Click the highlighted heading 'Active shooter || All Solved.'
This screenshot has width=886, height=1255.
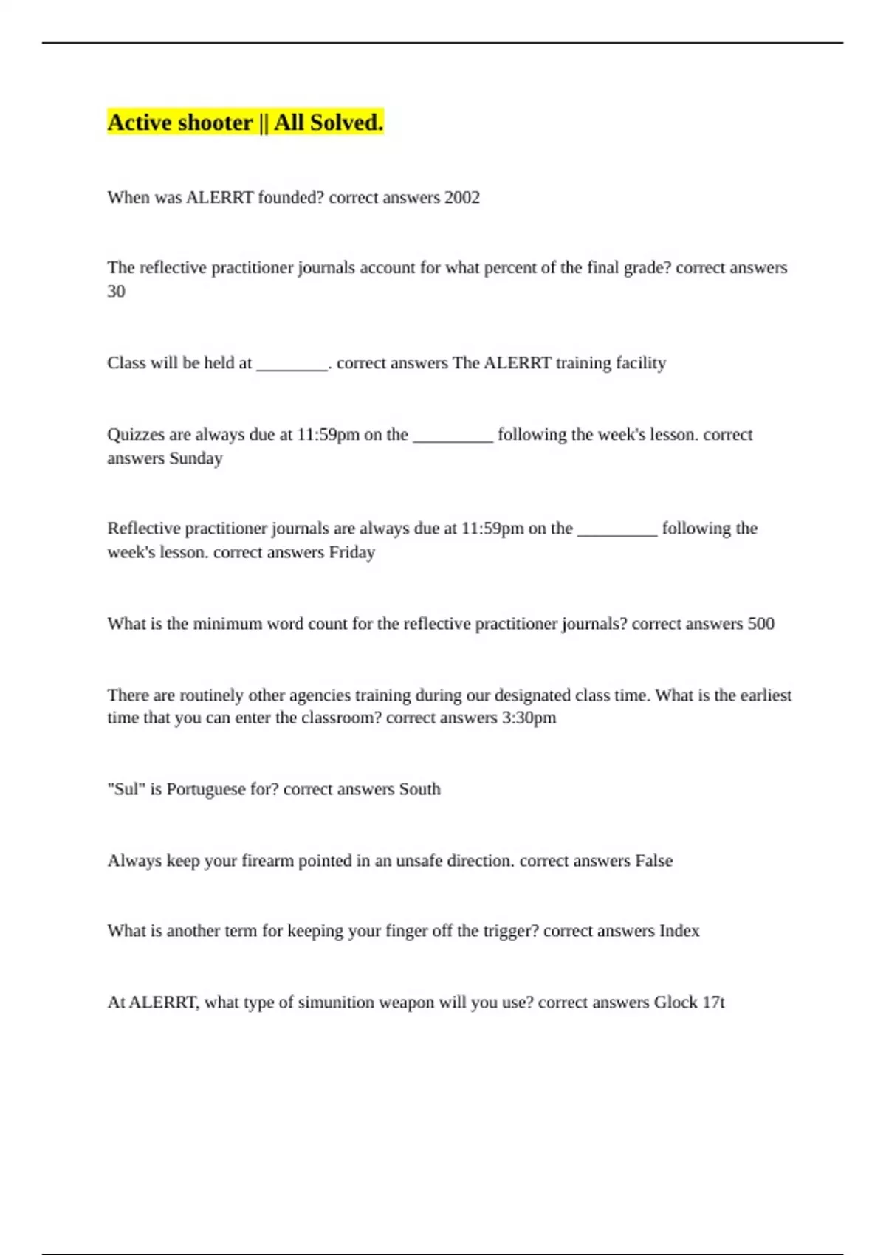[x=245, y=123]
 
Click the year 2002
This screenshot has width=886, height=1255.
[x=461, y=198]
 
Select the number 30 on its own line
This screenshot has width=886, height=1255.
[x=116, y=292]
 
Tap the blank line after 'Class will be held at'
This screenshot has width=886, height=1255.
[x=292, y=365]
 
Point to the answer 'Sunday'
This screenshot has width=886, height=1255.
[x=196, y=458]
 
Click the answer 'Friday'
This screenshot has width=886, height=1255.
[x=351, y=552]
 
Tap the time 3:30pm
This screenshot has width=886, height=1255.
[x=529, y=718]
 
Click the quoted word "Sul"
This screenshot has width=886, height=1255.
[x=126, y=789]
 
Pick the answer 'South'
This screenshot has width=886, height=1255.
[x=419, y=789]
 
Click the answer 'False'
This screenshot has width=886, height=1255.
[x=653, y=861]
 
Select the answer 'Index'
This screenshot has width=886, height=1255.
[x=679, y=931]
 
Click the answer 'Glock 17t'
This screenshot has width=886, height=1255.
[x=689, y=1003]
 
